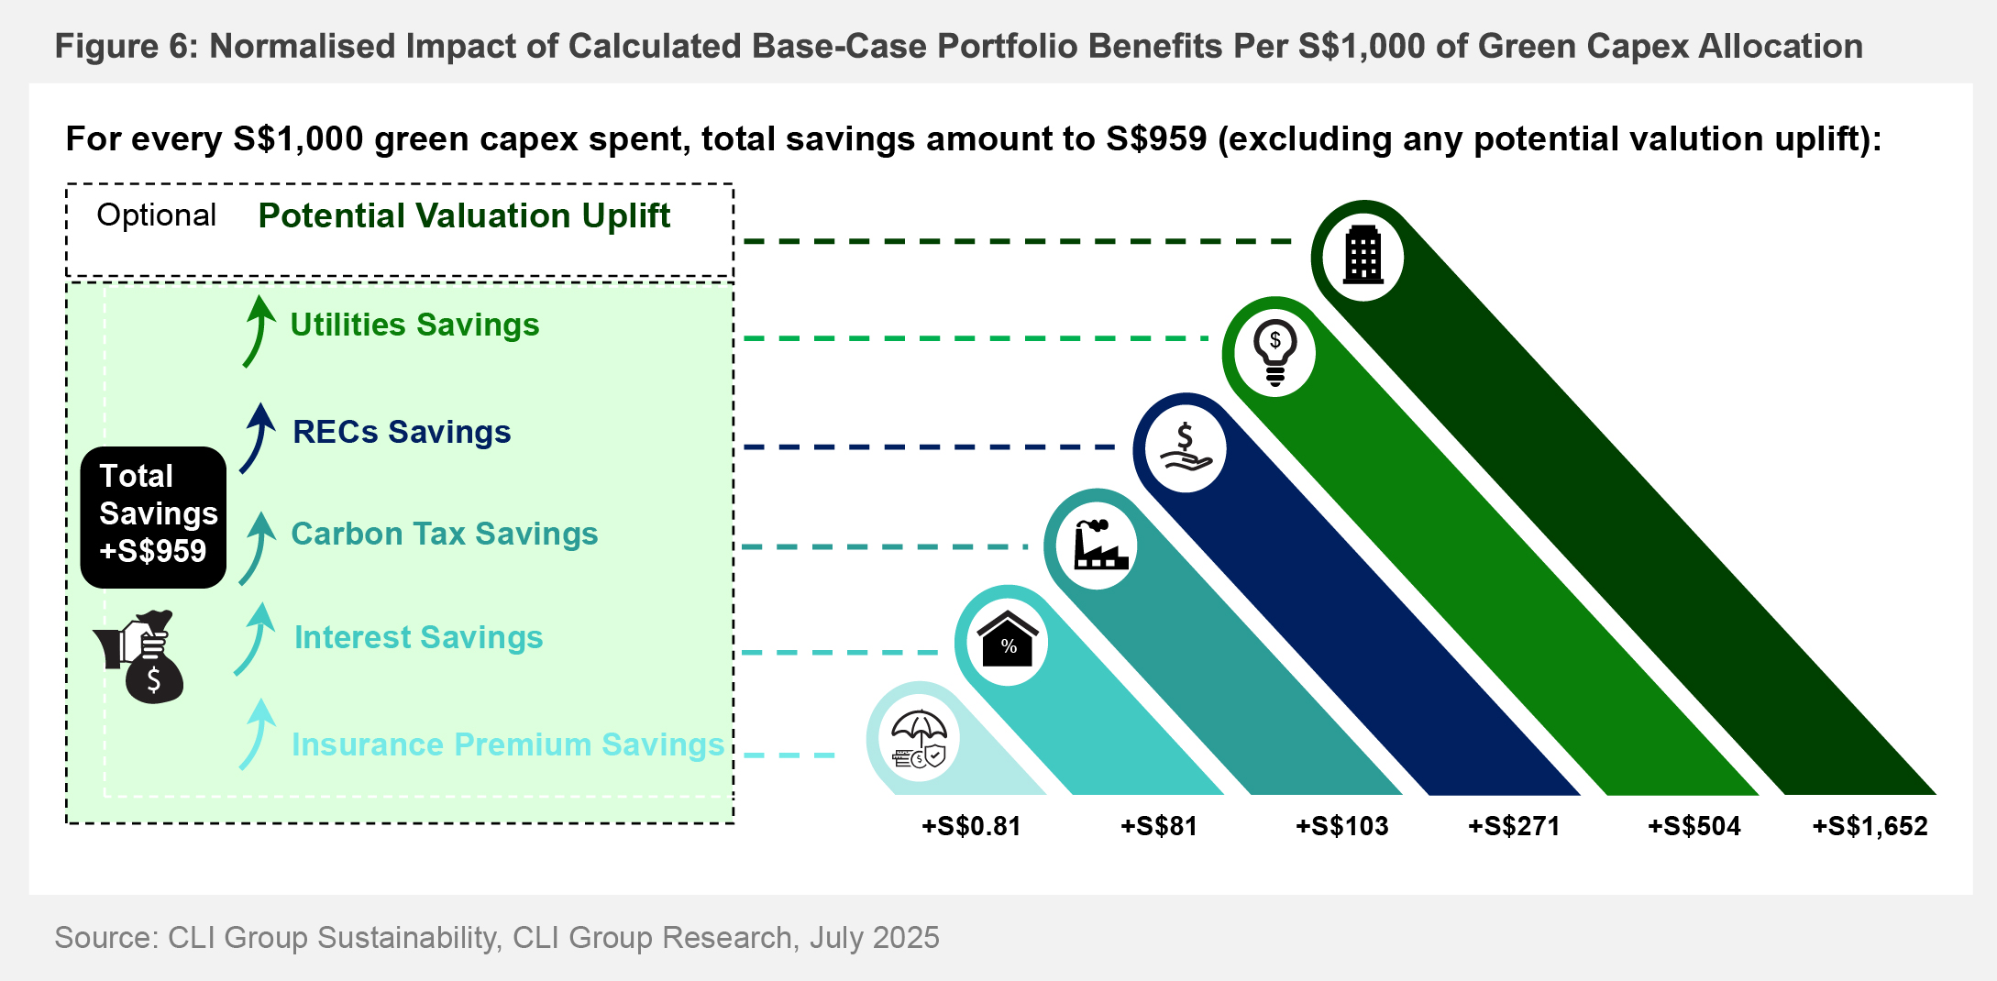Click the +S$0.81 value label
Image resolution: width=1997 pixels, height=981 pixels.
click(x=971, y=827)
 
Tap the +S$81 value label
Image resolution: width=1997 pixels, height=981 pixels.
click(x=1159, y=827)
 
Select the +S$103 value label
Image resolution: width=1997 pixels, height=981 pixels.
click(x=1341, y=827)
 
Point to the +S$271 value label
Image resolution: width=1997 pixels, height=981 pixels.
click(x=1514, y=827)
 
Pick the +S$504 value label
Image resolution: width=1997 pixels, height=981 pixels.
click(x=1694, y=827)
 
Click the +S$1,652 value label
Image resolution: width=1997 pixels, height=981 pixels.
click(x=1870, y=827)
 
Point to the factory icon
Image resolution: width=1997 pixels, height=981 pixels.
click(x=1098, y=546)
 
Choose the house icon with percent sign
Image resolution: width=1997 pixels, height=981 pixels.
click(x=1008, y=641)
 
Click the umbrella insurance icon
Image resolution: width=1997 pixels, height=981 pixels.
click(x=920, y=739)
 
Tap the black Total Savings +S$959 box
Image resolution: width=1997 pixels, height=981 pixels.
click(x=153, y=516)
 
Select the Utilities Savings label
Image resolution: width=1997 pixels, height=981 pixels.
click(x=414, y=325)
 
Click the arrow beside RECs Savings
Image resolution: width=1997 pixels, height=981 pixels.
click(x=258, y=438)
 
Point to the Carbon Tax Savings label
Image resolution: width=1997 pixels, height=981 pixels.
click(x=444, y=535)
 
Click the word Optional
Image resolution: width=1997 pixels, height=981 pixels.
click(x=156, y=215)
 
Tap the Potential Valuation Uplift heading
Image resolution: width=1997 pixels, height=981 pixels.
click(x=464, y=216)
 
